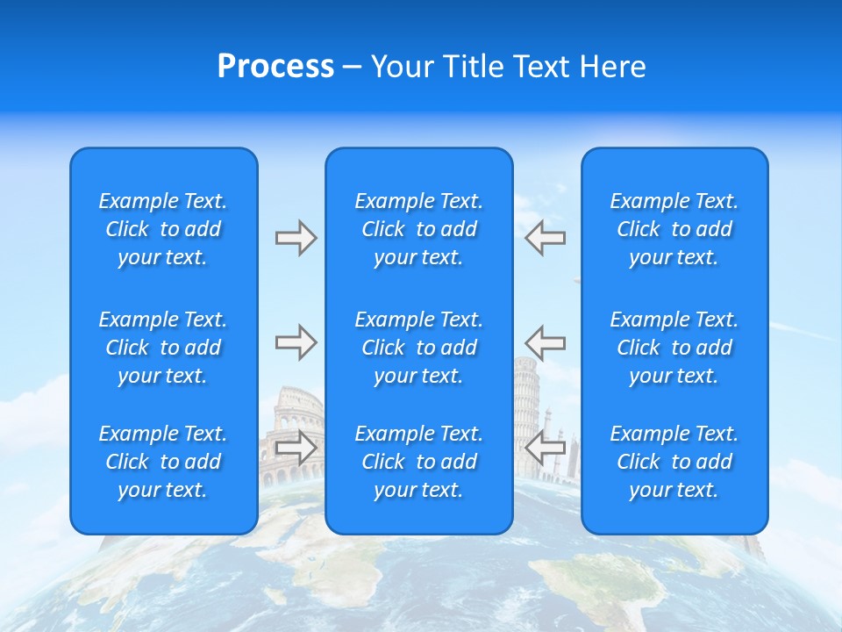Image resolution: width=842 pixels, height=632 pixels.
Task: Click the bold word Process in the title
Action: click(275, 67)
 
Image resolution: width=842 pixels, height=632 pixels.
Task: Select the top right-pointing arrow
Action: click(296, 238)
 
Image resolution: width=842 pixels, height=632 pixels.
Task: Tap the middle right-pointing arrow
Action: click(296, 342)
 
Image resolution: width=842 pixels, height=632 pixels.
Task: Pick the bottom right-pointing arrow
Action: click(296, 447)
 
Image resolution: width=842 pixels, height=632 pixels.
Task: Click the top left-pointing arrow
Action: click(546, 238)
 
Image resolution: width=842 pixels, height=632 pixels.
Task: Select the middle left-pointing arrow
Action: click(546, 342)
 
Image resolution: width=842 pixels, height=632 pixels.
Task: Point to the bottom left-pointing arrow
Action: click(546, 447)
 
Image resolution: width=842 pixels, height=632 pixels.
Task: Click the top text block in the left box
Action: click(163, 229)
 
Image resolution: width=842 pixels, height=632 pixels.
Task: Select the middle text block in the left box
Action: click(163, 348)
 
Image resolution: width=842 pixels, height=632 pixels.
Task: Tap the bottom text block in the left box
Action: click(163, 462)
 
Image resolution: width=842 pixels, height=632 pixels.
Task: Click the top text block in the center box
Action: click(419, 229)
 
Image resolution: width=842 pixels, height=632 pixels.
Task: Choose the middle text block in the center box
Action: click(419, 348)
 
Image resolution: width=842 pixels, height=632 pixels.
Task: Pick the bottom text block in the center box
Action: click(419, 462)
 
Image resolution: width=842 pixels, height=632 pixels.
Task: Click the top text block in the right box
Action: click(674, 229)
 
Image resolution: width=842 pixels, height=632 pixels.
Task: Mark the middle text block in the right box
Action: click(674, 348)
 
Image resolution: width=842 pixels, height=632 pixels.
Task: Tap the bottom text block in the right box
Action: click(674, 462)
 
